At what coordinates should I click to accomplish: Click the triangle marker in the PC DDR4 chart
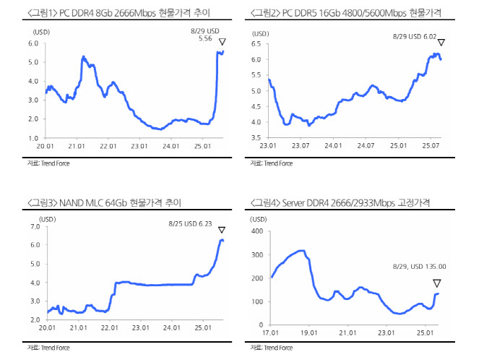click(223, 41)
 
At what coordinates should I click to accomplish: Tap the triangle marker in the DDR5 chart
click(441, 42)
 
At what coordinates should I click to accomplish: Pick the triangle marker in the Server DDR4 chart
click(436, 283)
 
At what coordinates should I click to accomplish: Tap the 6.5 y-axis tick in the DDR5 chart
click(256, 44)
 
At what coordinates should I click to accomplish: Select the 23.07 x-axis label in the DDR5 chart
click(301, 146)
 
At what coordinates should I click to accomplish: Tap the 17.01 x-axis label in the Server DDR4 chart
click(271, 333)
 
